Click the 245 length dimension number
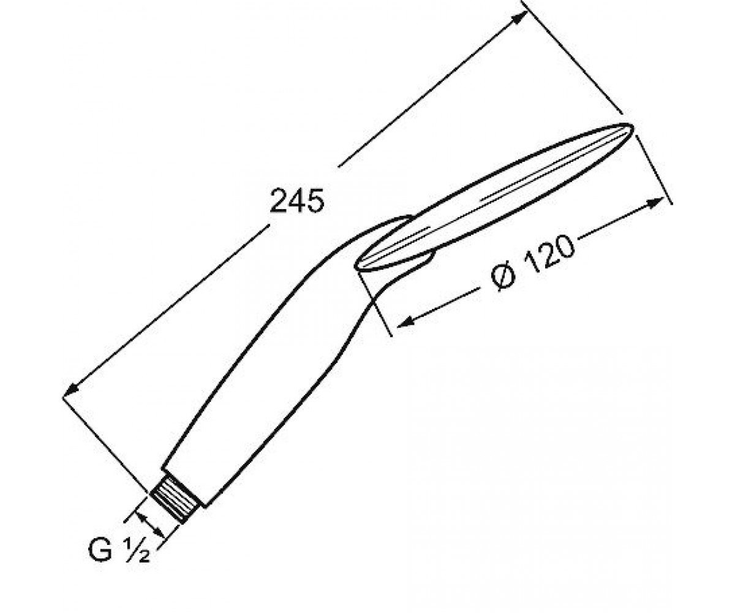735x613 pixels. pos(296,200)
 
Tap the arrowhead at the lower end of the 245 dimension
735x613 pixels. pos(70,390)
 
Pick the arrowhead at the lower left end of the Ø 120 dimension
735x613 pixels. pos(405,321)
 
